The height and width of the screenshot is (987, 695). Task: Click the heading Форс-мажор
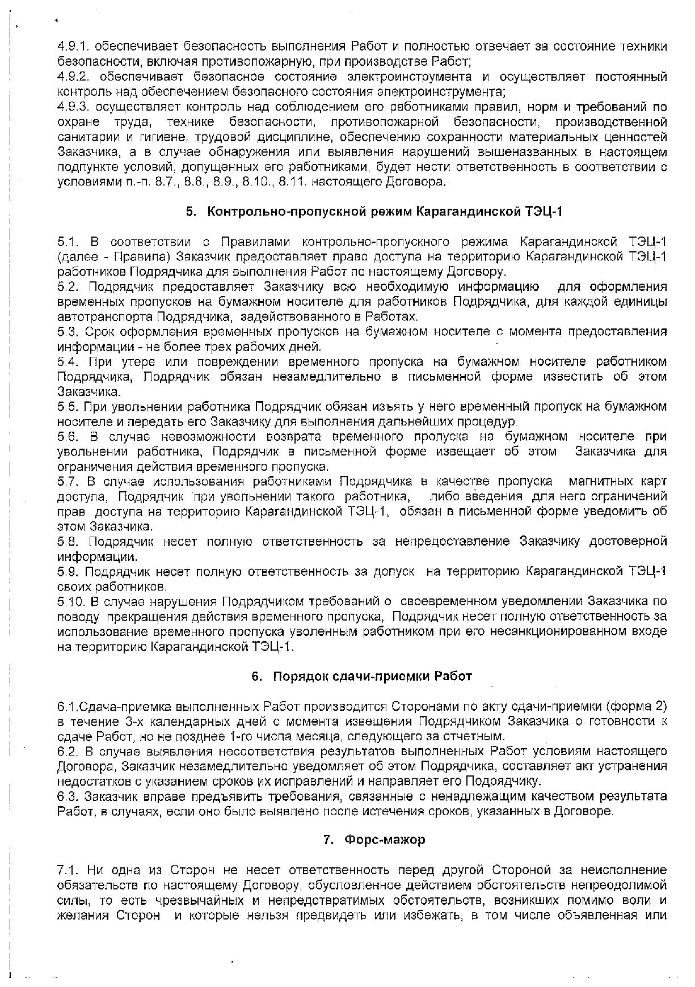pos(385,840)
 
